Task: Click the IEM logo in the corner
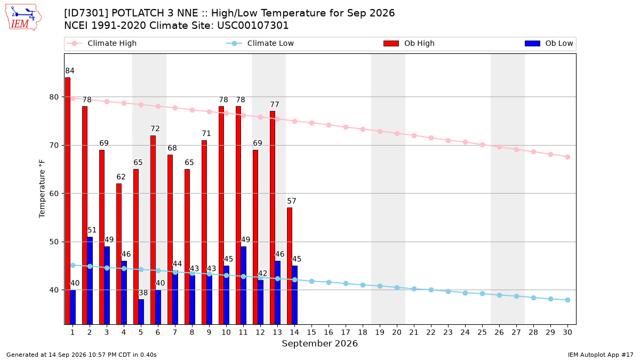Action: click(23, 18)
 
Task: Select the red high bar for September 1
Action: click(68, 201)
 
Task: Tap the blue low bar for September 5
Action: click(141, 311)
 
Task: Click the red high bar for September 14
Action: click(290, 266)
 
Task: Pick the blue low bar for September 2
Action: click(90, 281)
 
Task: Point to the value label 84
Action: click(70, 70)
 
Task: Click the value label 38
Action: click(143, 293)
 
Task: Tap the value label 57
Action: click(291, 201)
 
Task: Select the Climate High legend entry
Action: click(101, 43)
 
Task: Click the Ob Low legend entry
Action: click(549, 43)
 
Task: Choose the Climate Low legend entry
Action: click(260, 43)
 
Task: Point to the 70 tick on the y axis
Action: click(54, 145)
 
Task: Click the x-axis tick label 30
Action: click(567, 332)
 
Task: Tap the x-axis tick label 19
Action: click(380, 332)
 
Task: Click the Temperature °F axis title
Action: click(42, 189)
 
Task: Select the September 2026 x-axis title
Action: click(319, 343)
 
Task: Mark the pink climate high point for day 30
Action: click(567, 157)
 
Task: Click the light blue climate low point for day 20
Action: click(397, 287)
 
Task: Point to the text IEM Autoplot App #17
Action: click(601, 355)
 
